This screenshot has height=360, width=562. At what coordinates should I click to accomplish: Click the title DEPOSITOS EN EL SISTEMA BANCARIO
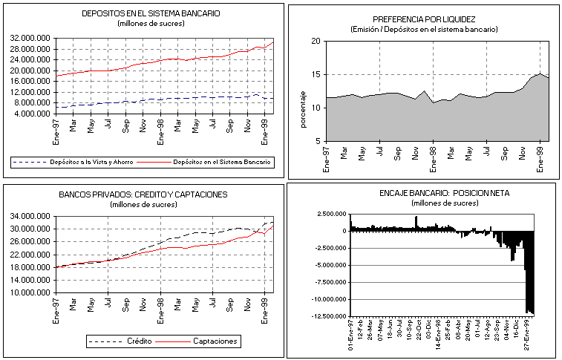tap(151, 13)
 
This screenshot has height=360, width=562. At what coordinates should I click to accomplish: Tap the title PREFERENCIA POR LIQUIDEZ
tap(424, 19)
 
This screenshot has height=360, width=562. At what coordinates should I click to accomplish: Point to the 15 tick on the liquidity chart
tap(315, 74)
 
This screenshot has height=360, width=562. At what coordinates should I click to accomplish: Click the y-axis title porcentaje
tap(302, 108)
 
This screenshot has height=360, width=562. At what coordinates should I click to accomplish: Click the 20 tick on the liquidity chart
tap(315, 42)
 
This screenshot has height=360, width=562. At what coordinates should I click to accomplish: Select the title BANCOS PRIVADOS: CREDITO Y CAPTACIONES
tap(143, 194)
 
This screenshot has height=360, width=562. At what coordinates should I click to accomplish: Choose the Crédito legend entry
tap(137, 341)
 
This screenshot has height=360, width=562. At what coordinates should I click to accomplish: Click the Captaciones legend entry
tap(215, 341)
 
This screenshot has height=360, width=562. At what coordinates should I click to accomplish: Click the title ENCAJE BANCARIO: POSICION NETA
tap(424, 193)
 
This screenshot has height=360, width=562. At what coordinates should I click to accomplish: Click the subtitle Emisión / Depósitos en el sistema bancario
tap(424, 29)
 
